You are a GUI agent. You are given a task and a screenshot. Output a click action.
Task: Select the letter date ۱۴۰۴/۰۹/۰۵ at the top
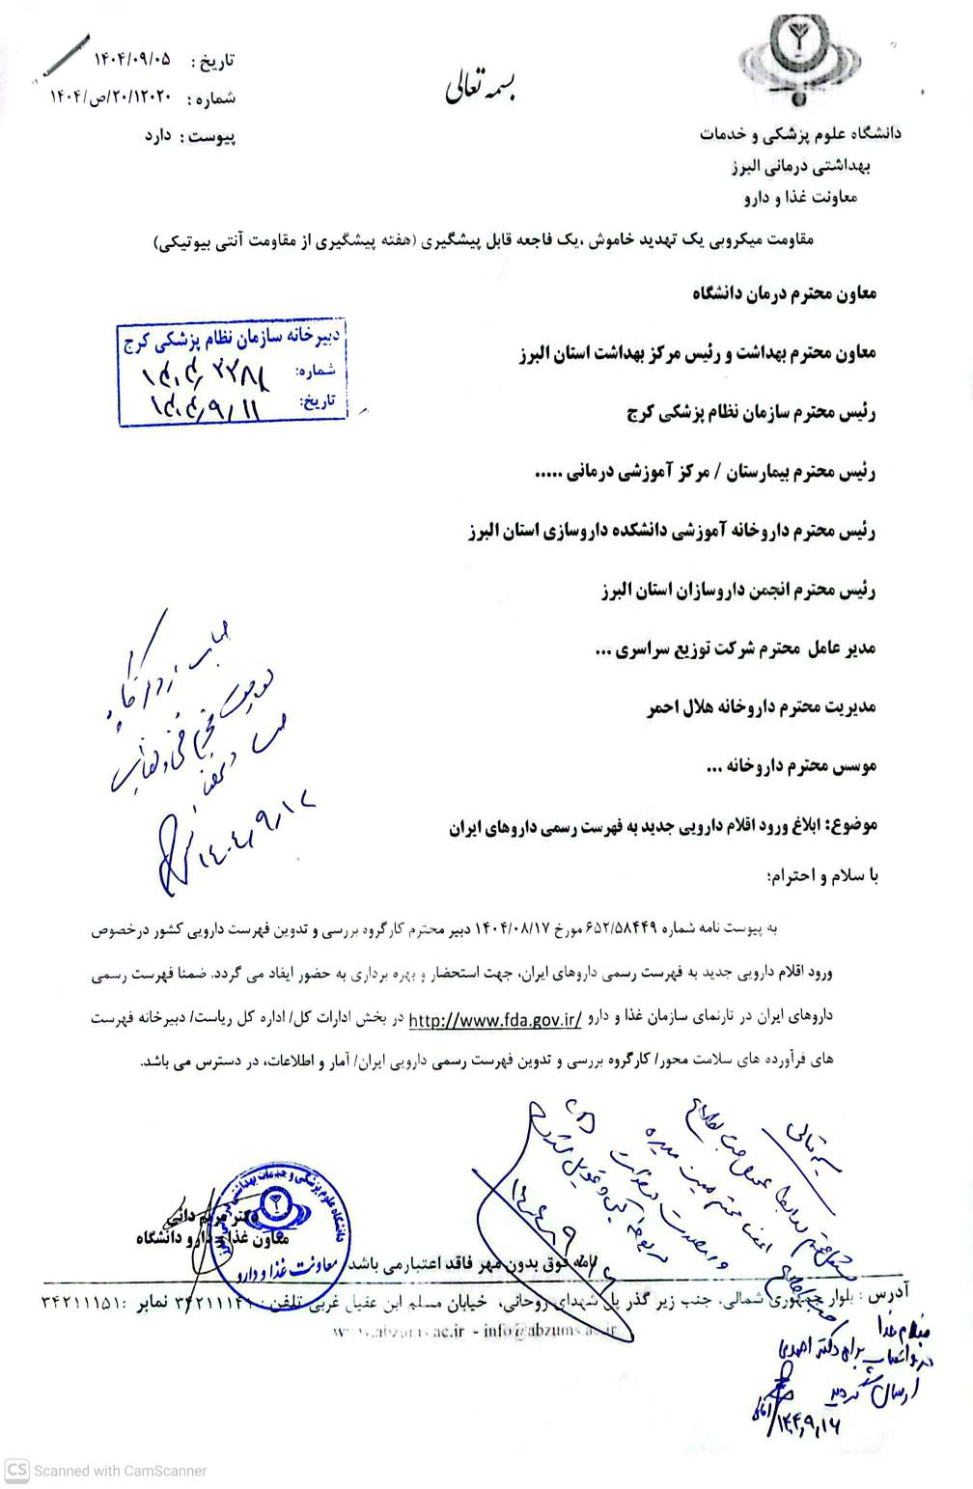pyautogui.click(x=131, y=59)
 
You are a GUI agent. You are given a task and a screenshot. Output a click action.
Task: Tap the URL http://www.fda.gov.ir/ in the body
pyautogui.click(x=494, y=1019)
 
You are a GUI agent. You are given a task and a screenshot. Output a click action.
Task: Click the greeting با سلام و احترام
pyautogui.click(x=821, y=876)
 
